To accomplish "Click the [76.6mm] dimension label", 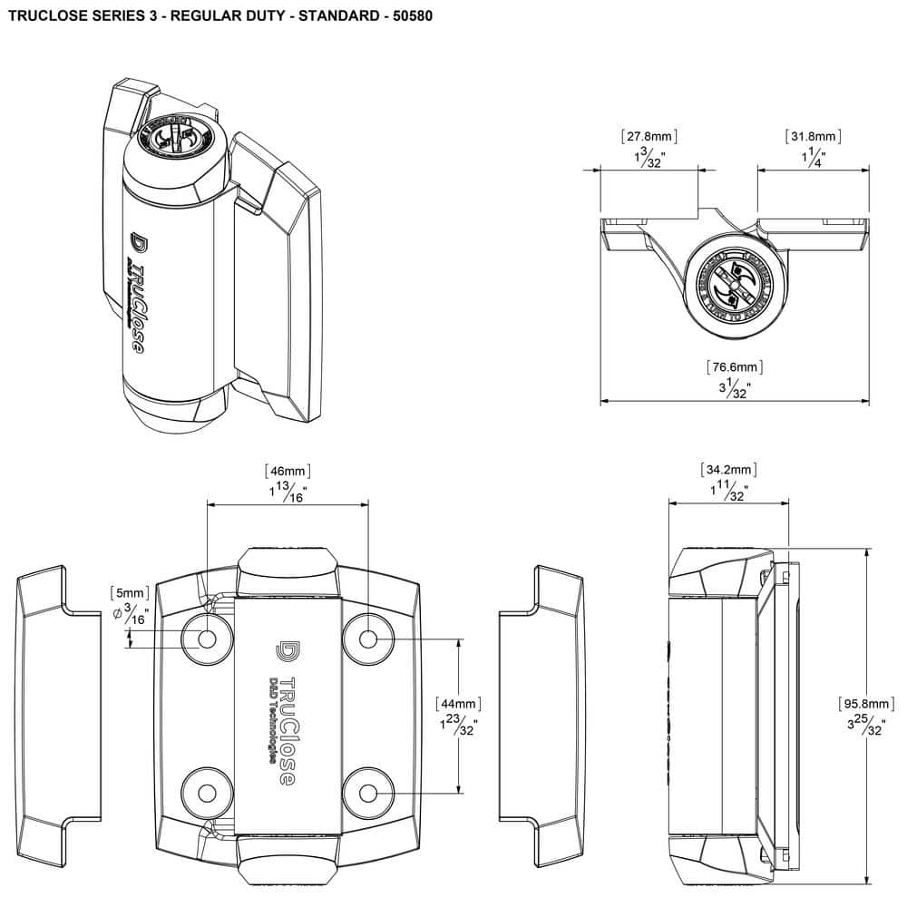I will click(735, 367).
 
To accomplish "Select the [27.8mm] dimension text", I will click(649, 137).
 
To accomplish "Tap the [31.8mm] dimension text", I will click(813, 137).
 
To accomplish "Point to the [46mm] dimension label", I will click(288, 471).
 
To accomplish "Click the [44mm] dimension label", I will click(458, 703).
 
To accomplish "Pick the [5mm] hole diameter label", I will click(127, 593).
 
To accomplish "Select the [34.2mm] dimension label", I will click(728, 470).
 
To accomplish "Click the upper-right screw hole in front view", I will click(367, 639).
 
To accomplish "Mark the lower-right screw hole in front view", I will click(367, 793).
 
